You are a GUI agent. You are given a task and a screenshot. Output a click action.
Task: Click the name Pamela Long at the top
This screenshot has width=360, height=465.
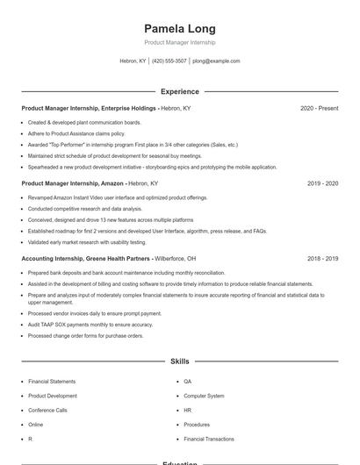pyautogui.click(x=179, y=28)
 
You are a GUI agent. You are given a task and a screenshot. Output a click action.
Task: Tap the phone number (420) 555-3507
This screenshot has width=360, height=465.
pyautogui.click(x=169, y=61)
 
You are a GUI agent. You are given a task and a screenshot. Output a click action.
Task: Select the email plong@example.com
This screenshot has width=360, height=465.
pyautogui.click(x=216, y=61)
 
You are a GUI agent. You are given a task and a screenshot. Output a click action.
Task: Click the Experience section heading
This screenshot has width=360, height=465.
pyautogui.click(x=179, y=91)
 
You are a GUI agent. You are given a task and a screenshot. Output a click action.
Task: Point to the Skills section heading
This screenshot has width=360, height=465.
pyautogui.click(x=179, y=361)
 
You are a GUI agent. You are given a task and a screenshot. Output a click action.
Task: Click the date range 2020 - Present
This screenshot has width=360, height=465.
pyautogui.click(x=319, y=108)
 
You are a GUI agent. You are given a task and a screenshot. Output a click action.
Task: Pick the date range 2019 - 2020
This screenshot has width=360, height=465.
pyautogui.click(x=322, y=183)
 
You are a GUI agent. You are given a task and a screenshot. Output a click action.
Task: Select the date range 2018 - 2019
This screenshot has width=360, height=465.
pyautogui.click(x=322, y=259)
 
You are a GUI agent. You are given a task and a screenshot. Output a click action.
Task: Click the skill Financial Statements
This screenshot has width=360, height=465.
pyautogui.click(x=52, y=382)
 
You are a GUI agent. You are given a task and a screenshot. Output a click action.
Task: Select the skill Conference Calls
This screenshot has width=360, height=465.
pyautogui.click(x=47, y=410)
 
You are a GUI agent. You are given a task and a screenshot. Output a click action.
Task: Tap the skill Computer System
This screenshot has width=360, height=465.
pyautogui.click(x=204, y=396)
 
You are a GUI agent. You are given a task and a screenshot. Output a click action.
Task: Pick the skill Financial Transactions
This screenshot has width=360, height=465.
pyautogui.click(x=209, y=438)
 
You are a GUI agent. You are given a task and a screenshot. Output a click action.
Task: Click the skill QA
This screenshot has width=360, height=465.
pyautogui.click(x=188, y=382)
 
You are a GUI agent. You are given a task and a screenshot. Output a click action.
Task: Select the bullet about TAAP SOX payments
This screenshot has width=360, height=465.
pyautogui.click(x=90, y=325)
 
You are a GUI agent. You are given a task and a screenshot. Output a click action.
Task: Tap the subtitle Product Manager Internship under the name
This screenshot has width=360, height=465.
pyautogui.click(x=179, y=42)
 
